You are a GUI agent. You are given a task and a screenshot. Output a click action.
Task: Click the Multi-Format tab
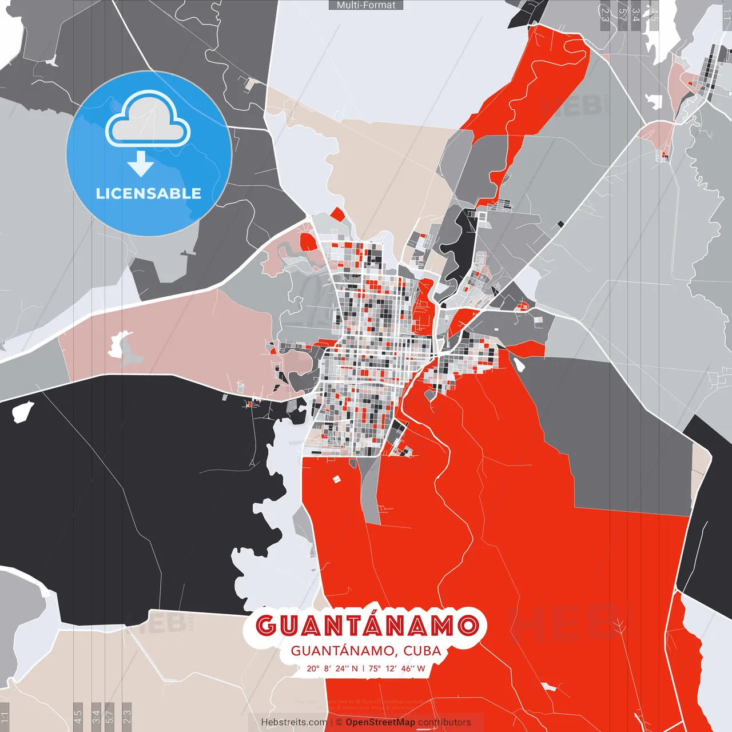[x=366, y=5]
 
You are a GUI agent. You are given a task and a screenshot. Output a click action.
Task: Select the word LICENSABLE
[x=149, y=193]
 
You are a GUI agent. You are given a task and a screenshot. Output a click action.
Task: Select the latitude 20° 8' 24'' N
[x=332, y=668]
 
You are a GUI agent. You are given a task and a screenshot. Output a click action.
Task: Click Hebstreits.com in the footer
[x=294, y=722]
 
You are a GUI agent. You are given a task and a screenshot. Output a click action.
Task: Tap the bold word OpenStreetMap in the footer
[x=380, y=722]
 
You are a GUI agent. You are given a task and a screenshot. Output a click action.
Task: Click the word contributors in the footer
[x=444, y=722]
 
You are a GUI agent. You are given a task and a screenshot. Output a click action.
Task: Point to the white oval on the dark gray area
[x=520, y=364]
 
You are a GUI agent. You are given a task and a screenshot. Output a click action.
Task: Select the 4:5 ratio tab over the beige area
[x=78, y=715]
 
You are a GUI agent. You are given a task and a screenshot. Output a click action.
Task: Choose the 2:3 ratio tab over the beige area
[x=127, y=715]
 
